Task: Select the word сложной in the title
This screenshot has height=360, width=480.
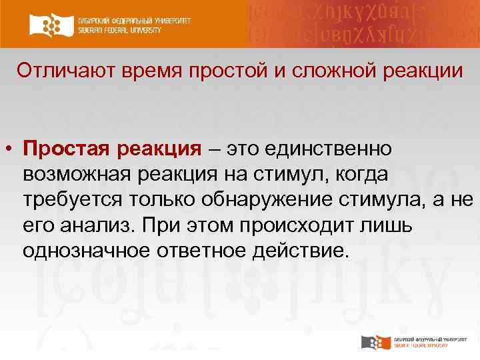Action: pos(315,71)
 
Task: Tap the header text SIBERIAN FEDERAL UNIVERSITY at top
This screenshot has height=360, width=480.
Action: pos(134,30)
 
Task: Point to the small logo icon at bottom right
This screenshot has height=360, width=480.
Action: pos(375,343)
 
